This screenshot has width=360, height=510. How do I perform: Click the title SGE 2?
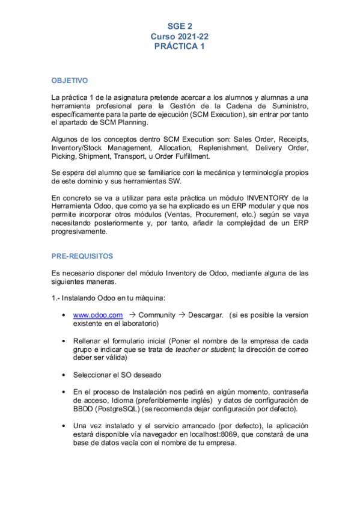[180, 26]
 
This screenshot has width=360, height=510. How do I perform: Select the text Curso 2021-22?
[180, 36]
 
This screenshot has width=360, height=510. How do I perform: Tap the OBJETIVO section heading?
[69, 80]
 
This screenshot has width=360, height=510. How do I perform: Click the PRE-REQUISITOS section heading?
[82, 256]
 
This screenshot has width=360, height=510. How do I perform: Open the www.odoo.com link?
[97, 315]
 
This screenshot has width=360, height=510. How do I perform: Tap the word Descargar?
[206, 315]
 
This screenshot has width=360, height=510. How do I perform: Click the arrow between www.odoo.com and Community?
[132, 315]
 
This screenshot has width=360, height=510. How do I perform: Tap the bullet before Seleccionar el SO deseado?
[64, 374]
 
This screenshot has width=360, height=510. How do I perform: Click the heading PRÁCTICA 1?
[180, 46]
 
